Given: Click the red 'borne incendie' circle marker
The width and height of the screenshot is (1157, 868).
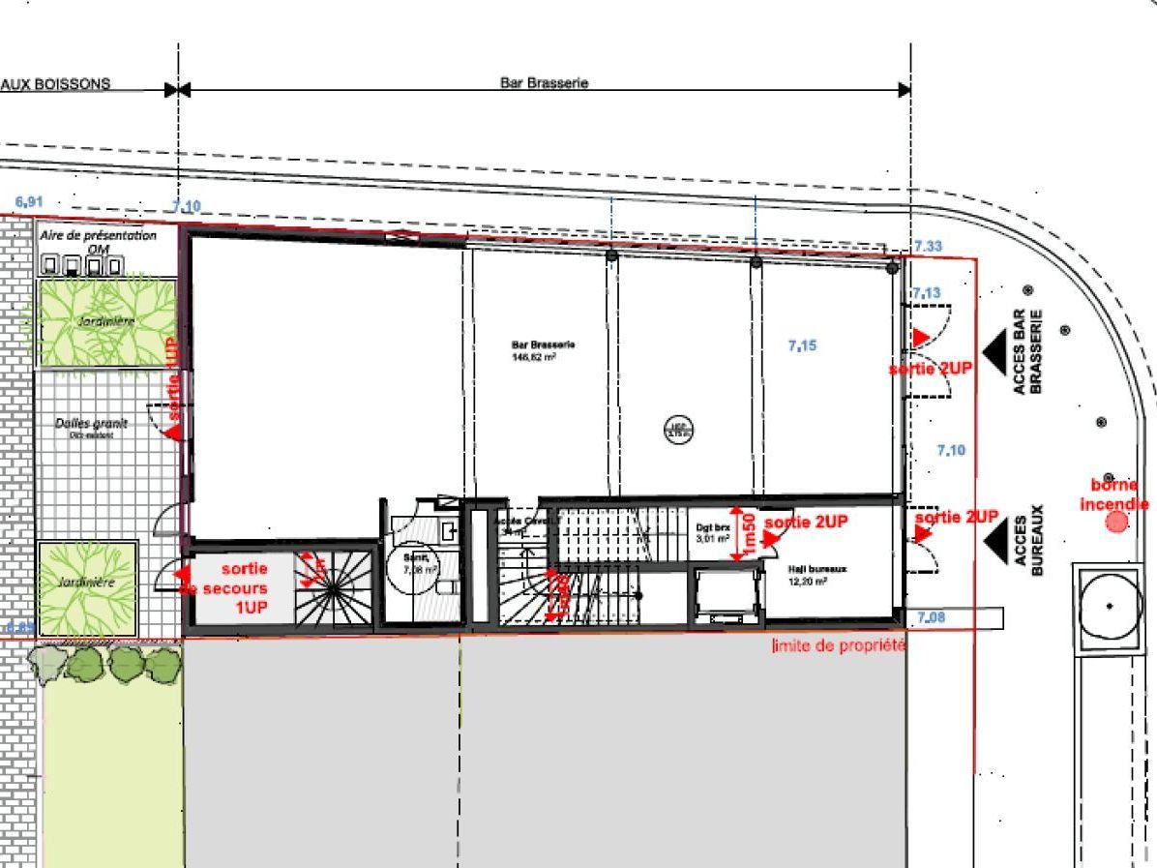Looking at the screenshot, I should pos(1116,523).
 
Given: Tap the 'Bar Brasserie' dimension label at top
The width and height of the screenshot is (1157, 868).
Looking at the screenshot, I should pos(544,83).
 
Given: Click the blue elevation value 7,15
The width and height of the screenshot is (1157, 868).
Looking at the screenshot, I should pos(801,345).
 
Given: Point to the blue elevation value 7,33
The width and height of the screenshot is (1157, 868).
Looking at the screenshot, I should pos(927,247).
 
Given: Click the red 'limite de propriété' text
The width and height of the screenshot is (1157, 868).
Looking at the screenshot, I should pos(838,645).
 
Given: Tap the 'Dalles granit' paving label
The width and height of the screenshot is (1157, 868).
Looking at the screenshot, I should pos(91,427).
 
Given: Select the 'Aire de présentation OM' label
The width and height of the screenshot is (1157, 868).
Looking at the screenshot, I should pos(98,241).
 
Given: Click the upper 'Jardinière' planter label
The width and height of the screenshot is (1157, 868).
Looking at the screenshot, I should pos(106,319).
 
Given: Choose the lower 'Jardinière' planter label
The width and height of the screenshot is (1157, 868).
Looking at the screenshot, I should pos(85,583).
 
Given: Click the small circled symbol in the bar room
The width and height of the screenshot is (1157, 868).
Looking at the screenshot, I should pos(679,430).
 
